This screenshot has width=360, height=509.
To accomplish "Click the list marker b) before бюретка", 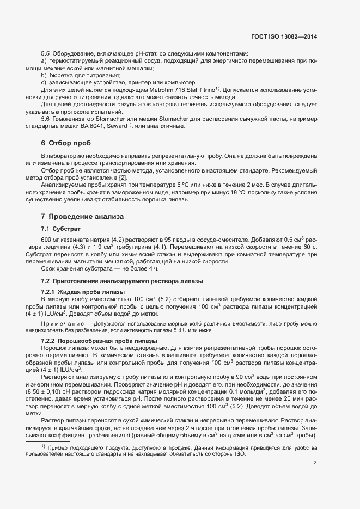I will click(44, 75).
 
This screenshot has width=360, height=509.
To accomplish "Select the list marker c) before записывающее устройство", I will click(44, 82).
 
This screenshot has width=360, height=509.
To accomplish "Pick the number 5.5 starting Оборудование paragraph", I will click(45, 53).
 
